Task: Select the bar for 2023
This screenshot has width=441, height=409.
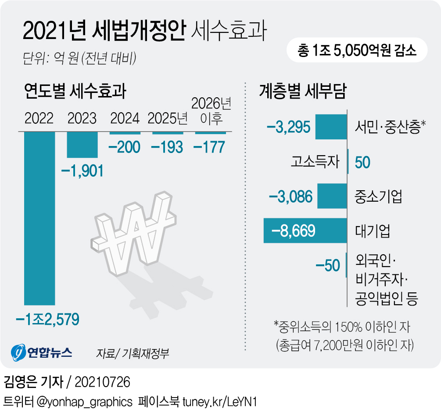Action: (x=82, y=145)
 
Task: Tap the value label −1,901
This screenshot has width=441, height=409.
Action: (x=82, y=170)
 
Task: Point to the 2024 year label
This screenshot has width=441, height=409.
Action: (x=125, y=118)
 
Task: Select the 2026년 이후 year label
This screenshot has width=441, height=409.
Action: (x=211, y=111)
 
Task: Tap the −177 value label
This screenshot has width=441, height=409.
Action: (x=209, y=147)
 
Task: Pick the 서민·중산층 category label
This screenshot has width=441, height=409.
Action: (x=390, y=128)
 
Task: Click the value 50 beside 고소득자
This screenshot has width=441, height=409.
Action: (x=362, y=162)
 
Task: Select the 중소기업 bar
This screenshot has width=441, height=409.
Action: (x=332, y=196)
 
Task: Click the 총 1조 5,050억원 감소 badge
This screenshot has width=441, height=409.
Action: (x=356, y=51)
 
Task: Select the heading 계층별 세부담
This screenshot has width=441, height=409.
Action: (x=303, y=92)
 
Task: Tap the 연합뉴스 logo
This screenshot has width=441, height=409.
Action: (x=42, y=352)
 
